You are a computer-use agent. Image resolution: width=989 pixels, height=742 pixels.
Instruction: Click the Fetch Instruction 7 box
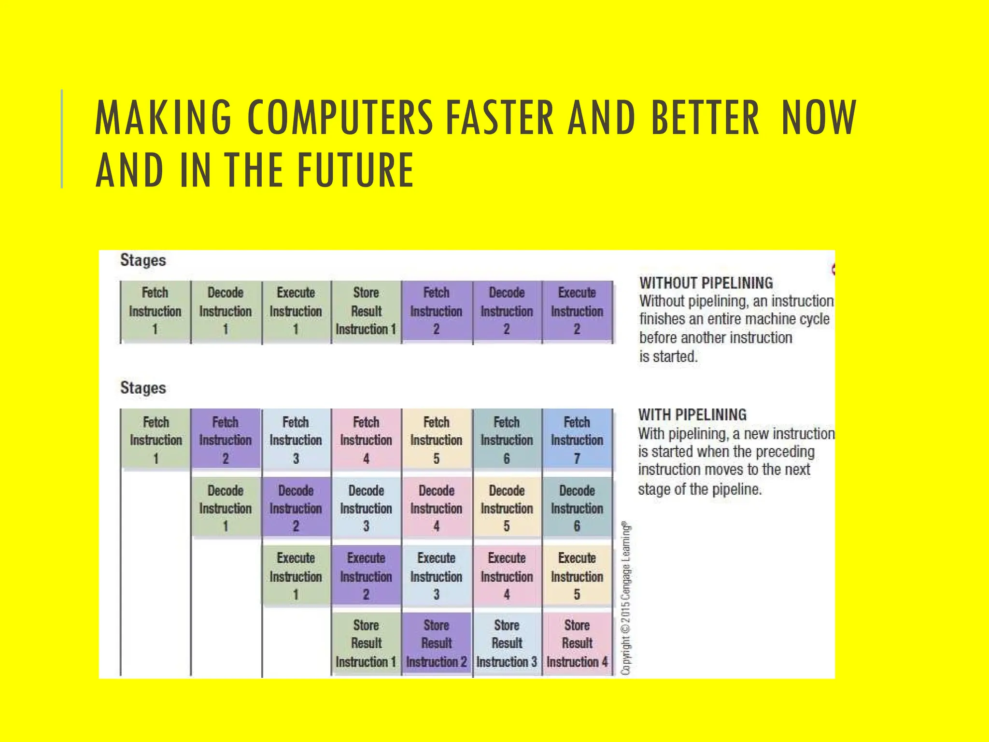pos(577,439)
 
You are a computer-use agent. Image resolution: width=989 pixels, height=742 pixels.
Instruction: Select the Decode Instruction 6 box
pos(577,508)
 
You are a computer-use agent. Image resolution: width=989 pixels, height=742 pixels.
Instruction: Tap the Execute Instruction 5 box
pos(577,576)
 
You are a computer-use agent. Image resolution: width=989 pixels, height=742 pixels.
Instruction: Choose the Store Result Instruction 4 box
pos(577,643)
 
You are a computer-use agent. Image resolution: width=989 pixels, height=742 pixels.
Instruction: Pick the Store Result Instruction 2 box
pos(437,643)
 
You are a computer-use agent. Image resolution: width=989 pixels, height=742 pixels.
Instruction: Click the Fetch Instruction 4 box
pos(366,439)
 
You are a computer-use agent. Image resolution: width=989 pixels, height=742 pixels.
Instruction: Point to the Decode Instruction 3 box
pos(366,508)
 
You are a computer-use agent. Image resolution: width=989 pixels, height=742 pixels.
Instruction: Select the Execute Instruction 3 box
pos(437,576)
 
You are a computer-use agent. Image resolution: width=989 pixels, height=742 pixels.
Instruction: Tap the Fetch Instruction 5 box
pos(437,439)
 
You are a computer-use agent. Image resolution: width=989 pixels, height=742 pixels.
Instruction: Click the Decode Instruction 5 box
pos(507,508)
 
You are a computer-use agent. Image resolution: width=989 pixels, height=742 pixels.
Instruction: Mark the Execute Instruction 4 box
pos(507,576)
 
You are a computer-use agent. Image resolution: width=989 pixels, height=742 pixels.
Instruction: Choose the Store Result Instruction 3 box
pos(507,643)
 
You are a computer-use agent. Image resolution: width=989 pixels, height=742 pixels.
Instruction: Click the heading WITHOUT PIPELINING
pos(706,283)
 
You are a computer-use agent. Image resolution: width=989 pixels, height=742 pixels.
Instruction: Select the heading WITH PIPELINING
pos(692,414)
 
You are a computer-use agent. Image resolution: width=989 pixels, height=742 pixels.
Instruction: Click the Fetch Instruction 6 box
pos(507,439)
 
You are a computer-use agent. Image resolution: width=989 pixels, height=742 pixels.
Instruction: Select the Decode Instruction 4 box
pos(437,508)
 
